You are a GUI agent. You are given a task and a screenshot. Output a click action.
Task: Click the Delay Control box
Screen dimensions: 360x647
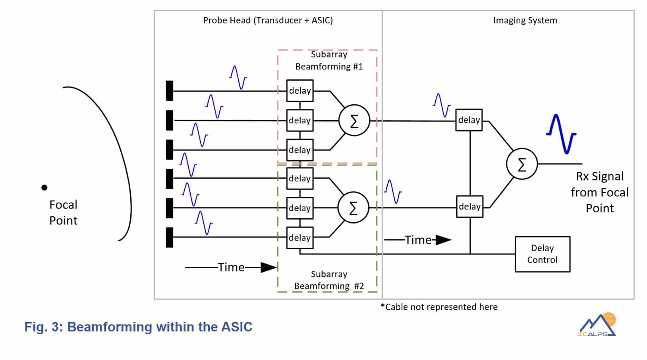tap(542, 254)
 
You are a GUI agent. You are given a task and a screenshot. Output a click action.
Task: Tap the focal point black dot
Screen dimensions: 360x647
tap(44, 187)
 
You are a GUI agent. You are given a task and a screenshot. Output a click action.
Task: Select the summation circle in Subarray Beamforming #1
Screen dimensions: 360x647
tap(354, 120)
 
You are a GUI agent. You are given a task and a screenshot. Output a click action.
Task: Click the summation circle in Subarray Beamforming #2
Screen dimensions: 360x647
tap(353, 208)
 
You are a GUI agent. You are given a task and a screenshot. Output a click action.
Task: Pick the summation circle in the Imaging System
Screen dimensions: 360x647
tap(521, 164)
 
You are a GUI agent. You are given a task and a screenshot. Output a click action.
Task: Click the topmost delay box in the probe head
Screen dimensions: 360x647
tap(300, 91)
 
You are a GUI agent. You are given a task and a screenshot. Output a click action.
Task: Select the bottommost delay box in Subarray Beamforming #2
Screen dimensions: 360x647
tap(300, 237)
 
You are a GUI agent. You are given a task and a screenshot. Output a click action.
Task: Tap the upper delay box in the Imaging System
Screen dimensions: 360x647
tap(469, 120)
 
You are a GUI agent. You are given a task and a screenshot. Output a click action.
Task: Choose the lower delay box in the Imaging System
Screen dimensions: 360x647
tap(469, 206)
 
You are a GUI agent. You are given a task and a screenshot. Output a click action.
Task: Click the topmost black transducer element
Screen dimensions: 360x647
tap(170, 91)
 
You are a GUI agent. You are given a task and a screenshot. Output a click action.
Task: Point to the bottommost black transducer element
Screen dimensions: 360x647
tap(170, 237)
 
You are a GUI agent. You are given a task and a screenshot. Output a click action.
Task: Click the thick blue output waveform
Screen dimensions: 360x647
tap(561, 134)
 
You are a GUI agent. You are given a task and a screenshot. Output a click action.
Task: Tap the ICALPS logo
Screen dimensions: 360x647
tap(597, 325)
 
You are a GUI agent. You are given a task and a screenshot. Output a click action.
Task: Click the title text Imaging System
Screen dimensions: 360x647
tap(525, 21)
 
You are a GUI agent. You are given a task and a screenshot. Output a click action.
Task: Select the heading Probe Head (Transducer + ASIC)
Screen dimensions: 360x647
tap(268, 21)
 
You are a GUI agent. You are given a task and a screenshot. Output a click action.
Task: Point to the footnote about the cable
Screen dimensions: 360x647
tap(439, 307)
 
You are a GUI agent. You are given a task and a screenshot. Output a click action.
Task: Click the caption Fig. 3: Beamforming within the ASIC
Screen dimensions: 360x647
tap(138, 327)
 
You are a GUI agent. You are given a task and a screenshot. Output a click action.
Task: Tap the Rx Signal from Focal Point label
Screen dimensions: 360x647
tap(599, 192)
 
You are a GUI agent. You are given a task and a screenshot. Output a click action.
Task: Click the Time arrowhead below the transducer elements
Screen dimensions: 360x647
tap(269, 267)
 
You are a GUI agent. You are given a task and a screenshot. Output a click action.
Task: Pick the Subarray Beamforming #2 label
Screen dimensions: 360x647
tap(329, 280)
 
